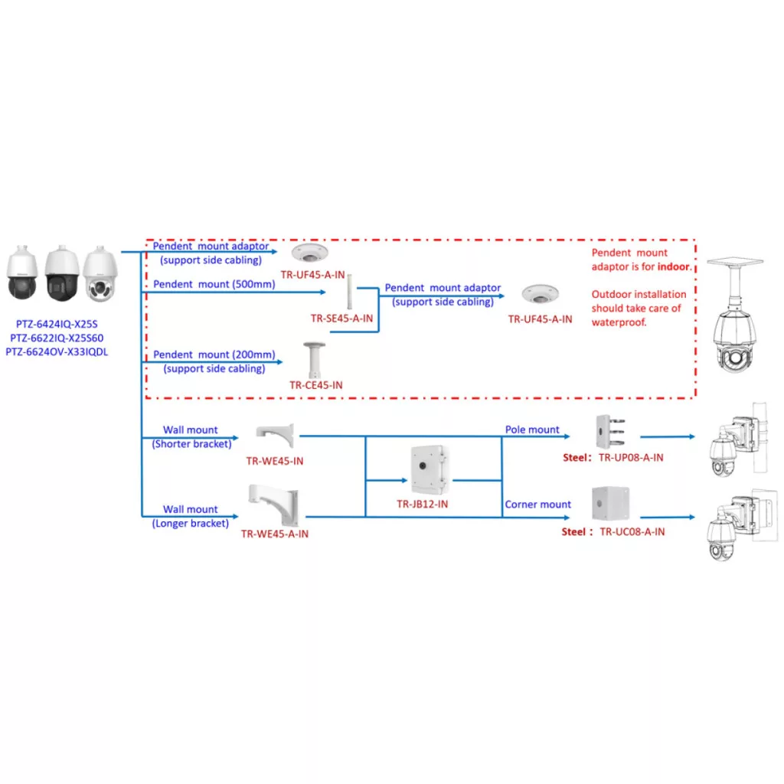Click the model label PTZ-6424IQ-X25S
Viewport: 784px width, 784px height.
click(57, 324)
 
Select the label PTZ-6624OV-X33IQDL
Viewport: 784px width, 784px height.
click(57, 352)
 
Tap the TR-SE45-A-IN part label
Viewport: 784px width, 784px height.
click(341, 318)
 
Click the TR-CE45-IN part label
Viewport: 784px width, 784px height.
click(316, 385)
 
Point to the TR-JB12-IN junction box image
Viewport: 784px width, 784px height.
click(429, 470)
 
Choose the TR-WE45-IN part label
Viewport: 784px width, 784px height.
click(275, 461)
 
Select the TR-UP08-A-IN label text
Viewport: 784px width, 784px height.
click(631, 458)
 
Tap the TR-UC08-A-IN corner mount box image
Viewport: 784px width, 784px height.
click(610, 504)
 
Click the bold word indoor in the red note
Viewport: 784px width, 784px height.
click(674, 266)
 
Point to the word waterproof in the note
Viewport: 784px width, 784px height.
click(619, 322)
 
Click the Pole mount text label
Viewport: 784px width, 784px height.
click(532, 430)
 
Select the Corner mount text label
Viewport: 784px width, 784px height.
click(537, 505)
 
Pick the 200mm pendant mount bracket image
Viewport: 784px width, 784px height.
click(314, 360)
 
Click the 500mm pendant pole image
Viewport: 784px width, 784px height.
click(349, 292)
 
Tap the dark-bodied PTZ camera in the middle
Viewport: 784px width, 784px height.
click(62, 273)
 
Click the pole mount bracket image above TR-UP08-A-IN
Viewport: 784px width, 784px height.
click(610, 432)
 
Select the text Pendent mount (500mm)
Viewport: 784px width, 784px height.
click(214, 284)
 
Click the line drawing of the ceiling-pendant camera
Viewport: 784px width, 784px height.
click(734, 315)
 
